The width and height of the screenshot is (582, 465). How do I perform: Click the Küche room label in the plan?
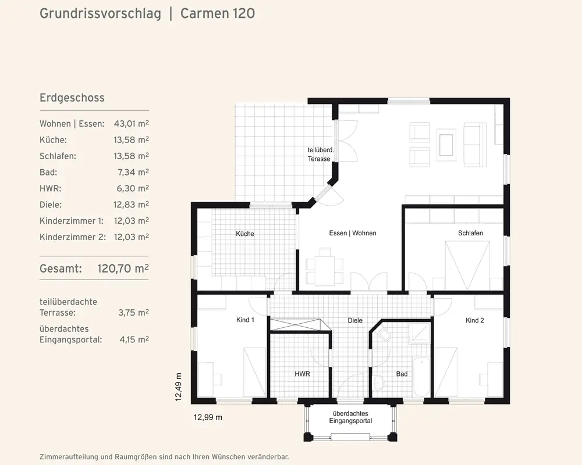pos(245,234)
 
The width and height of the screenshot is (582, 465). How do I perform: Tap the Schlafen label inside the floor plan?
pos(470,233)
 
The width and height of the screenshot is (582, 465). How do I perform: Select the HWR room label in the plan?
pos(302,374)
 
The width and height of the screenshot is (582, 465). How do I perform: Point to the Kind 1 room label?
pos(245,320)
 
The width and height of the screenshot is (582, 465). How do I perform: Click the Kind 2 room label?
pos(475,320)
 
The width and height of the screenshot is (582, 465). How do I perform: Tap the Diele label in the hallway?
pos(355,320)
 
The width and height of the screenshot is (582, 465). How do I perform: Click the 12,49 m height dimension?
pos(179,387)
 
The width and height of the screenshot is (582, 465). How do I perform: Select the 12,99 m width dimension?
pos(208,417)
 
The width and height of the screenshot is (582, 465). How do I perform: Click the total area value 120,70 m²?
pos(123,268)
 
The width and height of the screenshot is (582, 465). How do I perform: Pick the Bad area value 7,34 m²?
pos(133,172)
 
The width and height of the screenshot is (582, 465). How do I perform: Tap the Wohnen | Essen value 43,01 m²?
pos(132,123)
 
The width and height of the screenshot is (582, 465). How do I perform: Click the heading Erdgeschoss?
pos(72,98)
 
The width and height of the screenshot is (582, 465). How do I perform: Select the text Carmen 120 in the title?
pos(218,14)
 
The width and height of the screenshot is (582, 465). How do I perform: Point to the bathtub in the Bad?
pos(421,377)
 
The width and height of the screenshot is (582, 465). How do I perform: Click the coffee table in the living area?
pos(446,145)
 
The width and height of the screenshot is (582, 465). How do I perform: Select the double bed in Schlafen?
pos(467,266)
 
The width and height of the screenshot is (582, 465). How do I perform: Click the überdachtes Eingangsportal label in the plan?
pos(350,417)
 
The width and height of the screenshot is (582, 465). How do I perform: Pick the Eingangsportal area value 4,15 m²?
pos(134,339)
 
